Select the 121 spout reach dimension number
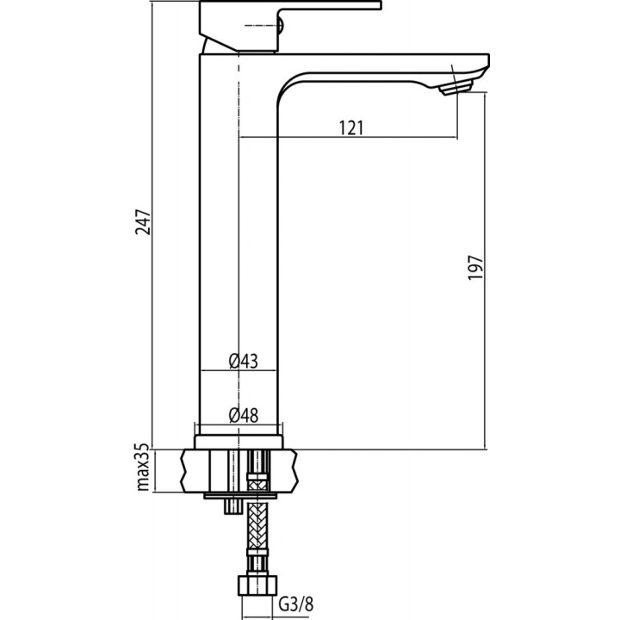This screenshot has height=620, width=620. pyautogui.click(x=350, y=127)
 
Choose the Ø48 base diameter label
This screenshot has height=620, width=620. pyautogui.click(x=244, y=415)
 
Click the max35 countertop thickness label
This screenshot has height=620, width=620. pyautogui.click(x=143, y=468)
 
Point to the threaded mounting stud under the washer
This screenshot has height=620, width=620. pyautogui.click(x=231, y=507)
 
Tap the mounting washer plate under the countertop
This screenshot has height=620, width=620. pyautogui.click(x=241, y=496)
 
